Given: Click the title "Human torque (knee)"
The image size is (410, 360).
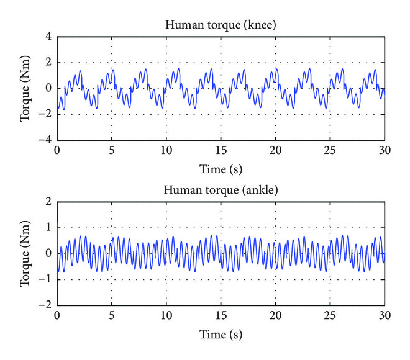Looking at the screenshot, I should pyautogui.click(x=221, y=25).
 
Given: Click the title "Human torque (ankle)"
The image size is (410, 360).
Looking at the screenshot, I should pyautogui.click(x=221, y=189).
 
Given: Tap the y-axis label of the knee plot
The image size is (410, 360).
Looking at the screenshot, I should pyautogui.click(x=26, y=89).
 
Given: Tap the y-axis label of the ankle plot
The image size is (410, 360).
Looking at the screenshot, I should pyautogui.click(x=26, y=253).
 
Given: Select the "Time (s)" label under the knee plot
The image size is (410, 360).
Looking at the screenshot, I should pyautogui.click(x=221, y=169).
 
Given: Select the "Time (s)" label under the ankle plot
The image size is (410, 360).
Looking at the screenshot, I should pyautogui.click(x=221, y=333).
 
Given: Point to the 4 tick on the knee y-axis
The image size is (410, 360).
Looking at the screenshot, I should pyautogui.click(x=47, y=37).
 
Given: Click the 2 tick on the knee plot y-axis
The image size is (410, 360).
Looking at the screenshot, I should pyautogui.click(x=47, y=63).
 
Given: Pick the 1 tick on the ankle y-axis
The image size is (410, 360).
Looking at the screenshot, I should pyautogui.click(x=47, y=228).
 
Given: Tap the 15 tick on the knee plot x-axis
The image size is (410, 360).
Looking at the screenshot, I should pyautogui.click(x=221, y=151).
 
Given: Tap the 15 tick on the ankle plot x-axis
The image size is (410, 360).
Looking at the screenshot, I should pyautogui.click(x=221, y=316).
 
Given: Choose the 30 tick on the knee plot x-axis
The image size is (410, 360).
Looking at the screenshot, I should pyautogui.click(x=385, y=151).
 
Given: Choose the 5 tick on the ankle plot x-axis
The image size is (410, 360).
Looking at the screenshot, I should pyautogui.click(x=111, y=316).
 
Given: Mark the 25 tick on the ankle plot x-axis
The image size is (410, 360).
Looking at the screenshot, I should pyautogui.click(x=330, y=316).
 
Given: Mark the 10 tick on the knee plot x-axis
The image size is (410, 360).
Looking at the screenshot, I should pyautogui.click(x=166, y=151).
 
